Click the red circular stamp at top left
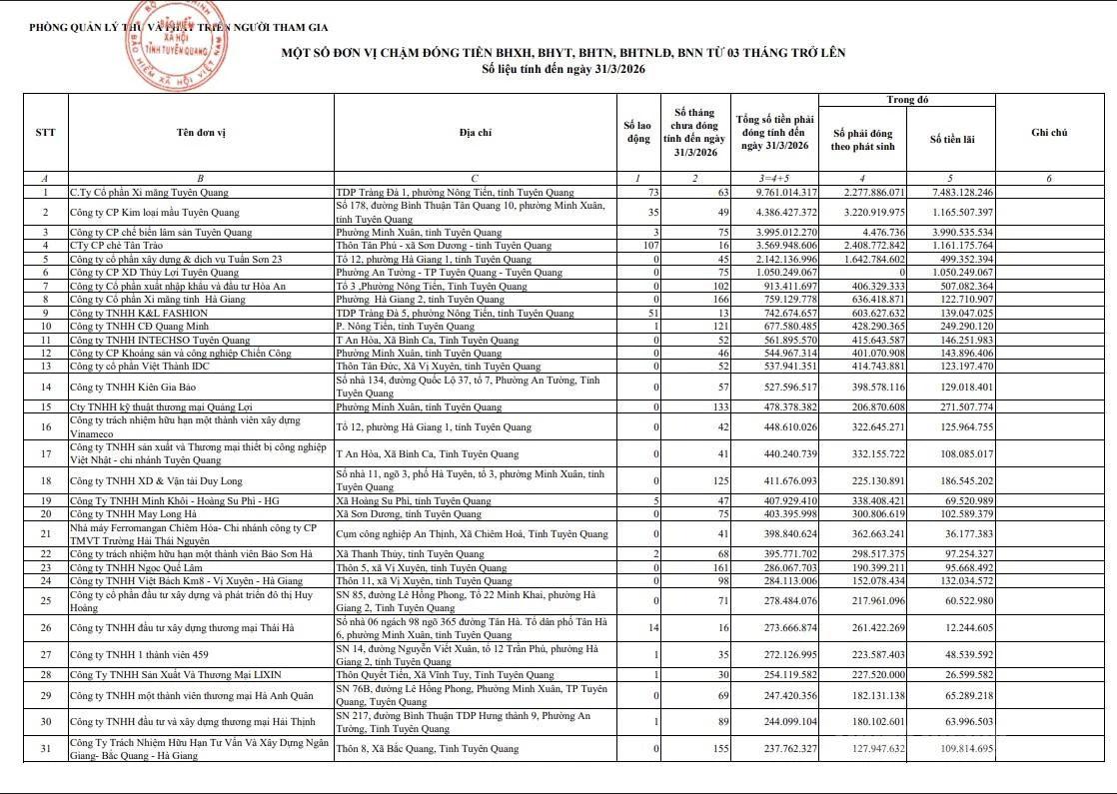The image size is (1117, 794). pyautogui.click(x=184, y=44)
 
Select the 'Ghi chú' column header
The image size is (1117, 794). pyautogui.click(x=1048, y=132)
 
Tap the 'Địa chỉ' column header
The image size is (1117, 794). pyautogui.click(x=475, y=132)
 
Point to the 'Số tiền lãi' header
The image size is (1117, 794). pyautogui.click(x=951, y=139)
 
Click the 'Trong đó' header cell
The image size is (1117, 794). pyautogui.click(x=907, y=100)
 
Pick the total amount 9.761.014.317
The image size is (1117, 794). pyautogui.click(x=773, y=192)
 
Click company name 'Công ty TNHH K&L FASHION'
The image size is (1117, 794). pyautogui.click(x=131, y=314)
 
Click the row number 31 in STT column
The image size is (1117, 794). pyautogui.click(x=45, y=748)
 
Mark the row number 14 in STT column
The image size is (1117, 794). pyautogui.click(x=45, y=387)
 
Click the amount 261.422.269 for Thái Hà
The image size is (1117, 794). pyautogui.click(x=867, y=627)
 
